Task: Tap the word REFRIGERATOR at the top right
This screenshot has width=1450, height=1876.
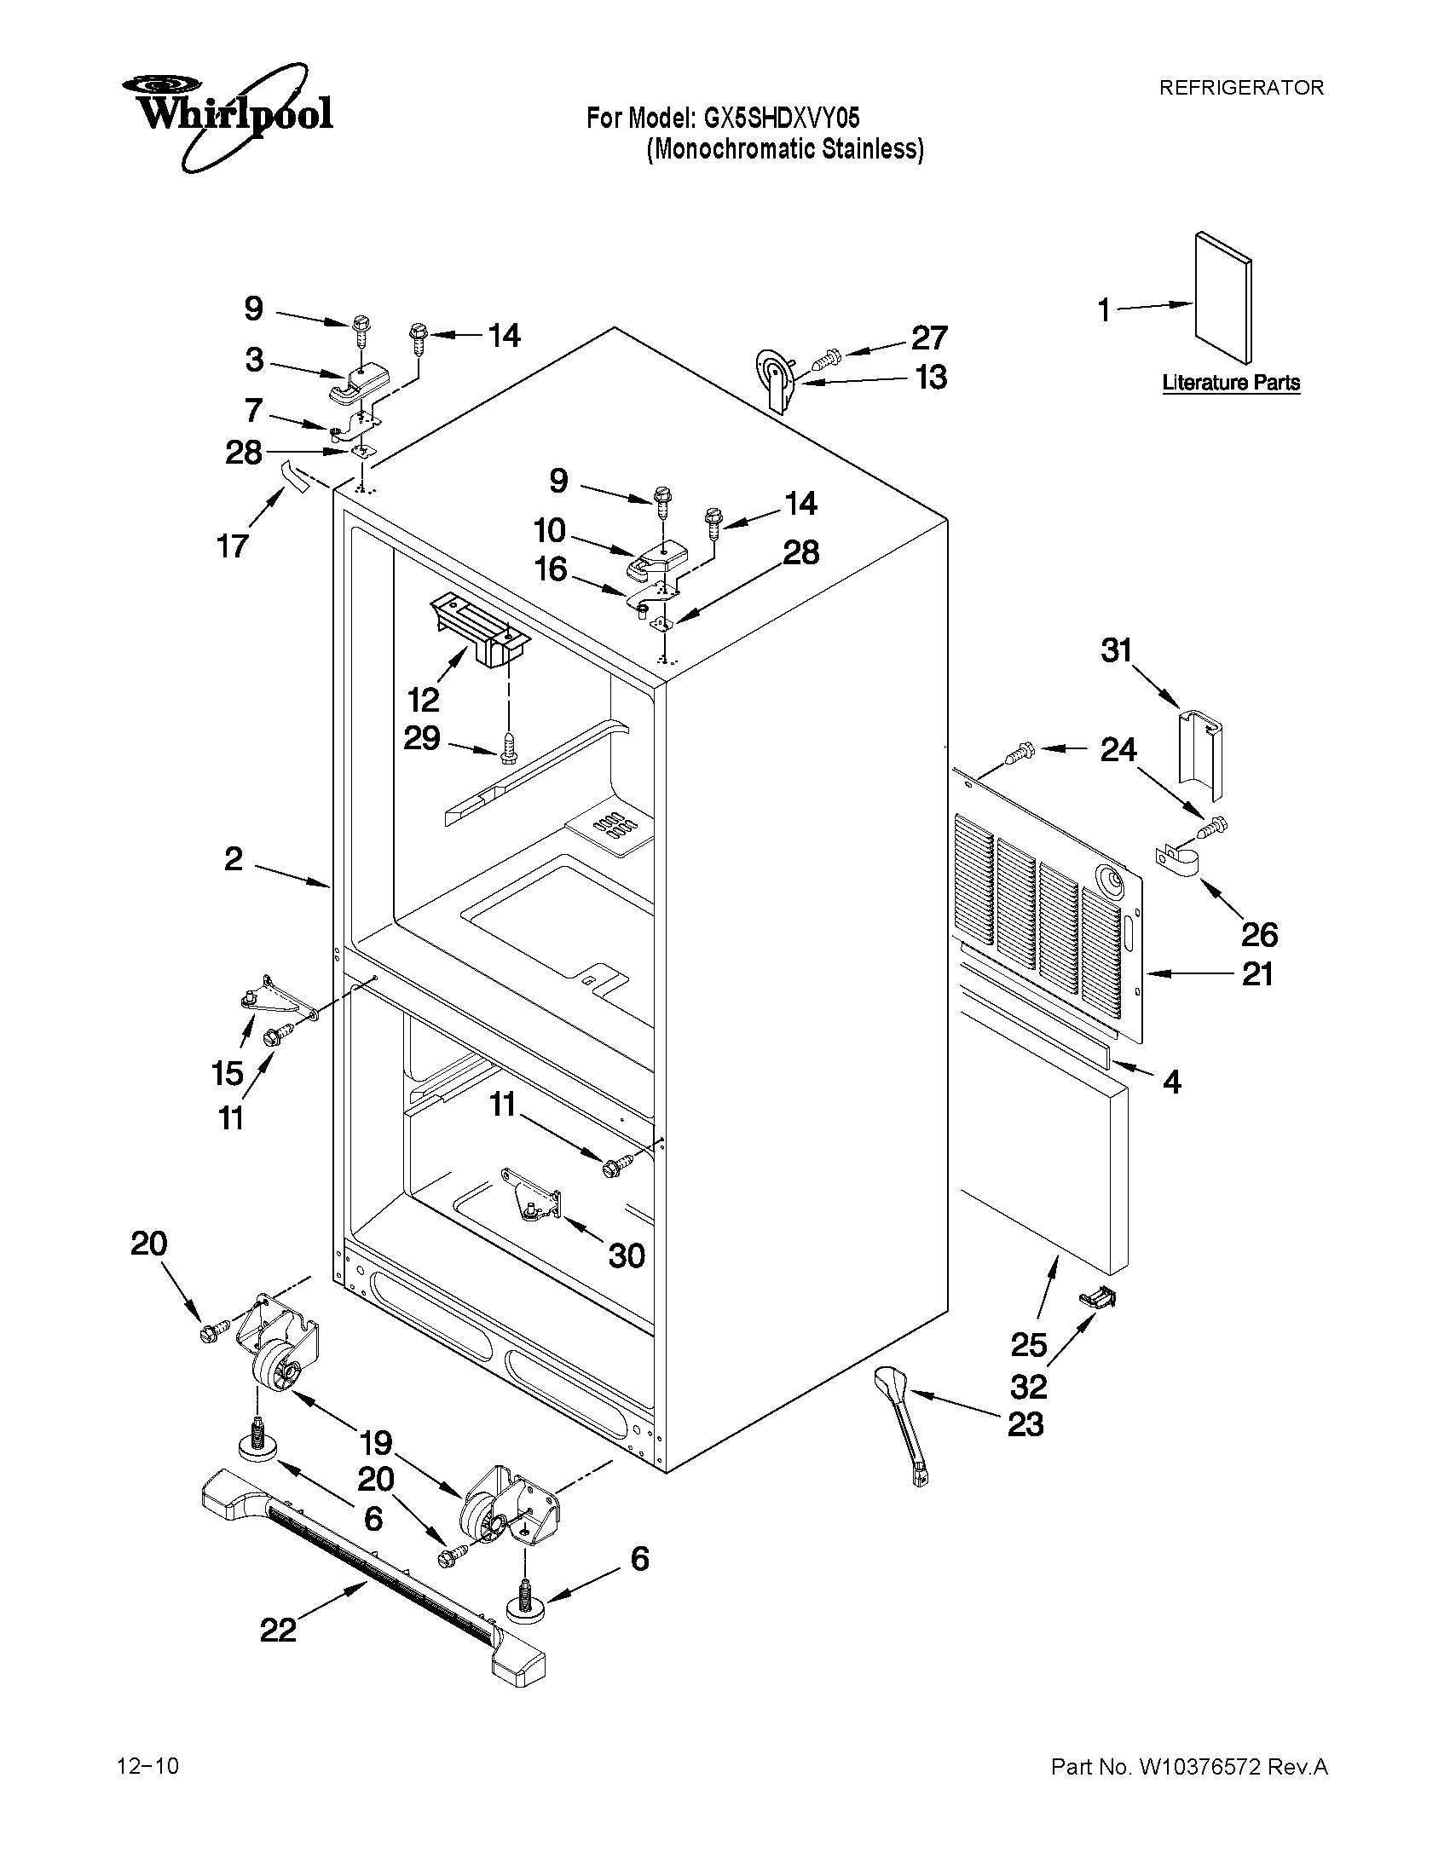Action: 1241,88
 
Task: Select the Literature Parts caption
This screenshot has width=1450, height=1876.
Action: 1230,383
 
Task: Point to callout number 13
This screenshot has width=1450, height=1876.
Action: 931,377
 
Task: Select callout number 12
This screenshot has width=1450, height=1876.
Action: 424,700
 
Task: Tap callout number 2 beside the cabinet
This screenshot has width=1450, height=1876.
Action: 234,858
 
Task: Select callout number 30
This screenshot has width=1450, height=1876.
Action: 627,1255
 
